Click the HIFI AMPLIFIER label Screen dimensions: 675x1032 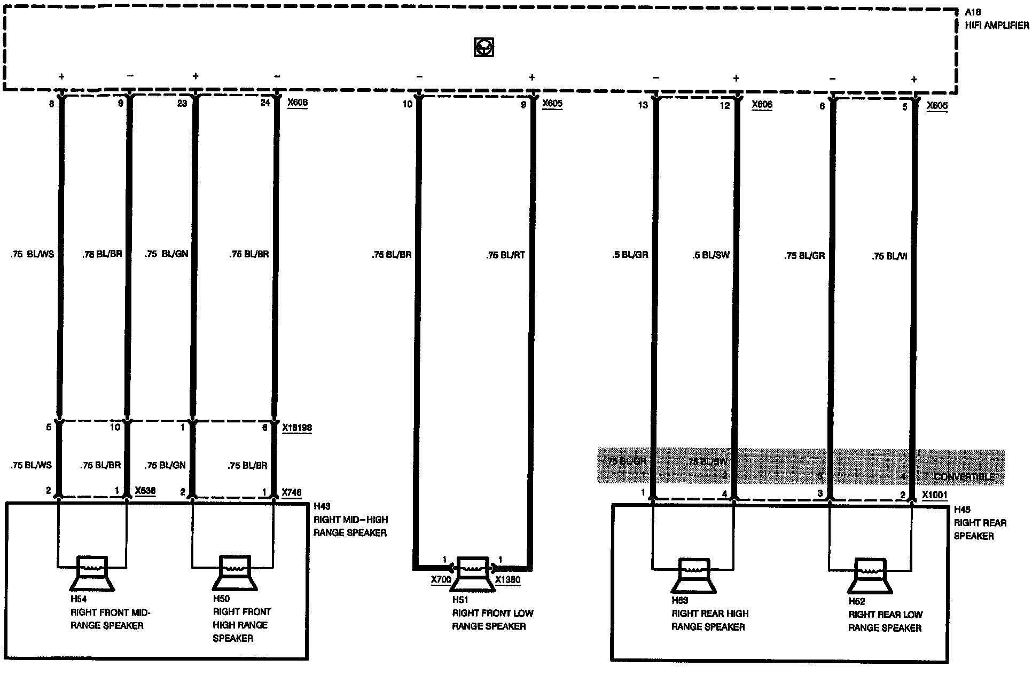tap(996, 25)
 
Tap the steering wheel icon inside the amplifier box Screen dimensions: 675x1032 tap(483, 48)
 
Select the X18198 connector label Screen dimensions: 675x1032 tap(297, 428)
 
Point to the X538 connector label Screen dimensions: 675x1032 tap(145, 491)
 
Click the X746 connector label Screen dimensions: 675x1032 tap(292, 492)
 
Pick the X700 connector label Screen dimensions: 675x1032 tap(441, 579)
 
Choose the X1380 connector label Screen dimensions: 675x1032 tap(507, 579)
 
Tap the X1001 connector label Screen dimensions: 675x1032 tap(934, 495)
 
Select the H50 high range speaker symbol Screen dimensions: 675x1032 tap(235, 574)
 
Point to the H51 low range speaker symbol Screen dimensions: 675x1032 tap(472, 574)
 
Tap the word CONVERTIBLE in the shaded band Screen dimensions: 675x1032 tap(964, 477)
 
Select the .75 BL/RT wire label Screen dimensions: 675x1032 tap(505, 255)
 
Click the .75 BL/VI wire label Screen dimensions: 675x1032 tap(889, 256)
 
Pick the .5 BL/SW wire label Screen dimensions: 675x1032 tap(710, 255)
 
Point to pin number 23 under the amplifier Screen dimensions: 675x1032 tap(182, 103)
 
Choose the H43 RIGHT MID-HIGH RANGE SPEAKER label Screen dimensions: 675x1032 tap(350, 519)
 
